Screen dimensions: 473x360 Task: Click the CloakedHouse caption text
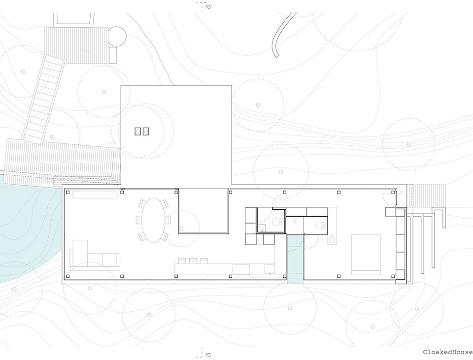(447, 352)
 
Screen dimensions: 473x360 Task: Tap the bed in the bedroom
(366, 255)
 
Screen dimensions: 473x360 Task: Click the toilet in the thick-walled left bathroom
(276, 222)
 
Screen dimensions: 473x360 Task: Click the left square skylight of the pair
(138, 131)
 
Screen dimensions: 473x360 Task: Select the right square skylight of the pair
(146, 131)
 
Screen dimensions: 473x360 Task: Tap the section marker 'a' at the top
(207, 6)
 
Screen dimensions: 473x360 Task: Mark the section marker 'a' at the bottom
(207, 354)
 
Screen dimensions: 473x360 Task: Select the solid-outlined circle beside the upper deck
(117, 35)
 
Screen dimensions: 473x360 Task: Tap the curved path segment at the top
(283, 34)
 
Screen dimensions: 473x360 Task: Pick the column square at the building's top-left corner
(68, 192)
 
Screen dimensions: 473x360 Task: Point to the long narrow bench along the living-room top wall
(95, 195)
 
